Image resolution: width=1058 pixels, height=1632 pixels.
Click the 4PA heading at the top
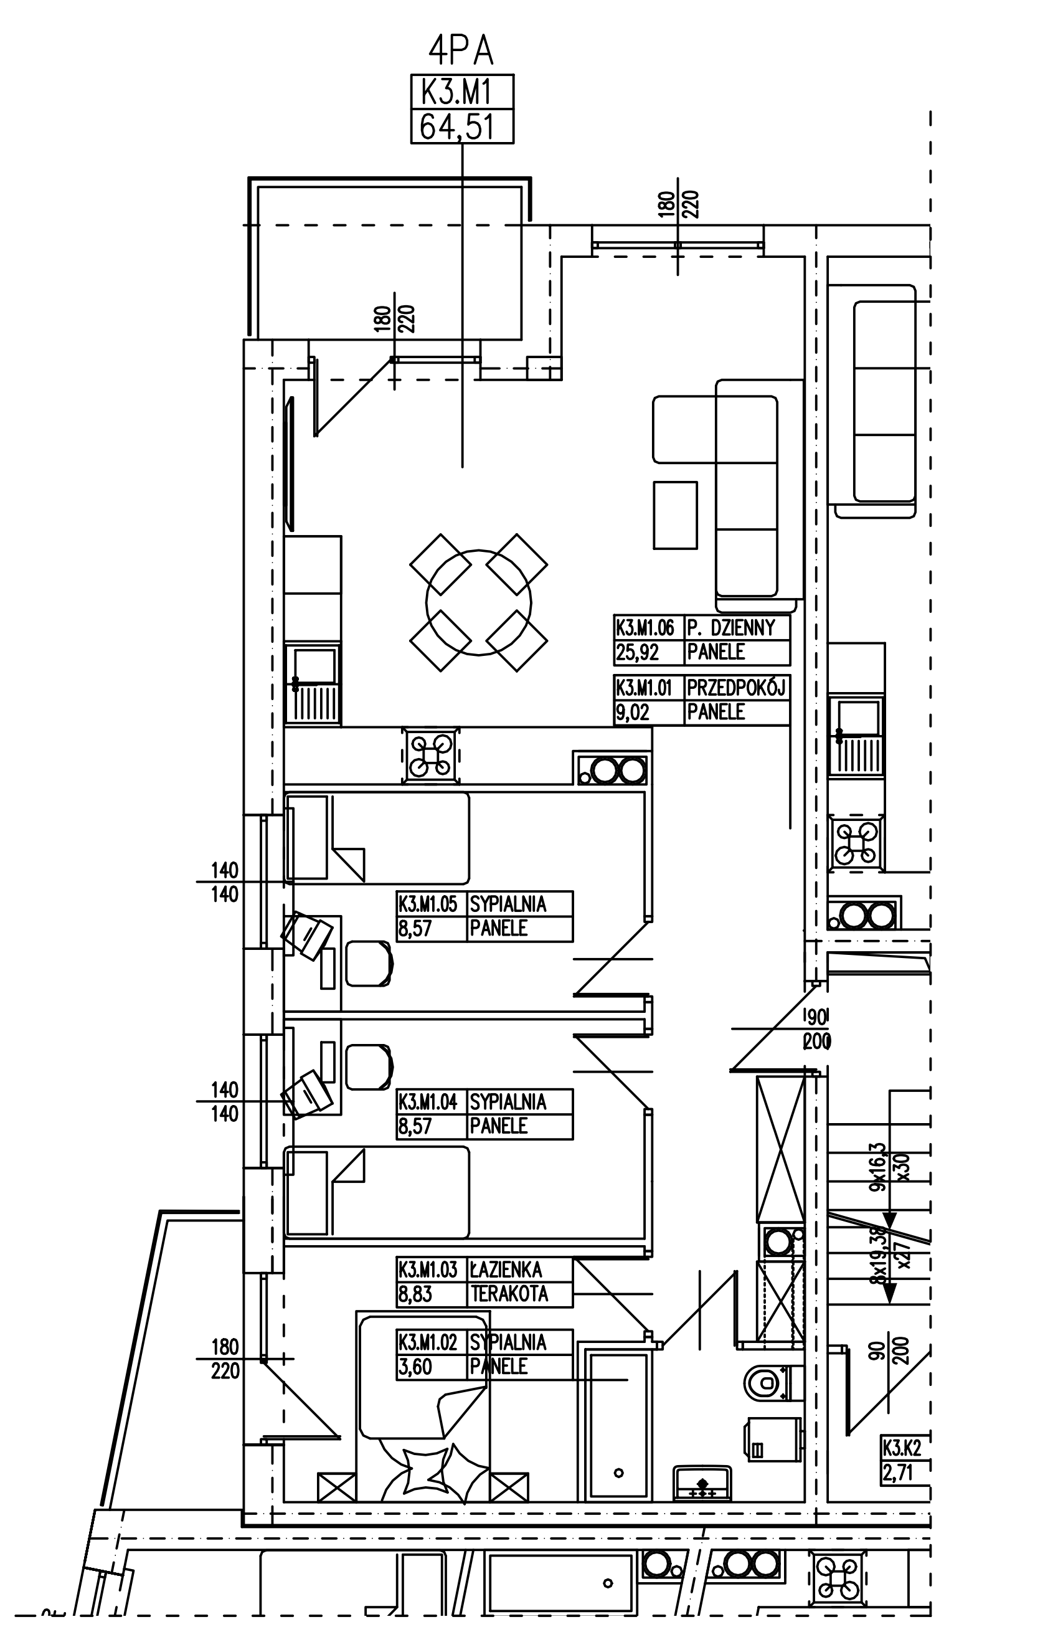(461, 52)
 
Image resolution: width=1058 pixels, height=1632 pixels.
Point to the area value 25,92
(637, 652)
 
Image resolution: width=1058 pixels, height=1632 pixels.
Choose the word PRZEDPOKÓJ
(737, 687)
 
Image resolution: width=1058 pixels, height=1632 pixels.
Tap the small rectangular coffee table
(674, 515)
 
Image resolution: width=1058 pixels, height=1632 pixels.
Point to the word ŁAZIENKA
(506, 1270)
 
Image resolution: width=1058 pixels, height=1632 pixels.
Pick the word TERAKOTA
(509, 1294)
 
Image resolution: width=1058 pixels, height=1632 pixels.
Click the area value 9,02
(632, 713)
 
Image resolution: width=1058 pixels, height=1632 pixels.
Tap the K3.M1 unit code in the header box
(461, 91)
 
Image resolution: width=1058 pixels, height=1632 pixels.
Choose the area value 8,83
(415, 1294)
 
